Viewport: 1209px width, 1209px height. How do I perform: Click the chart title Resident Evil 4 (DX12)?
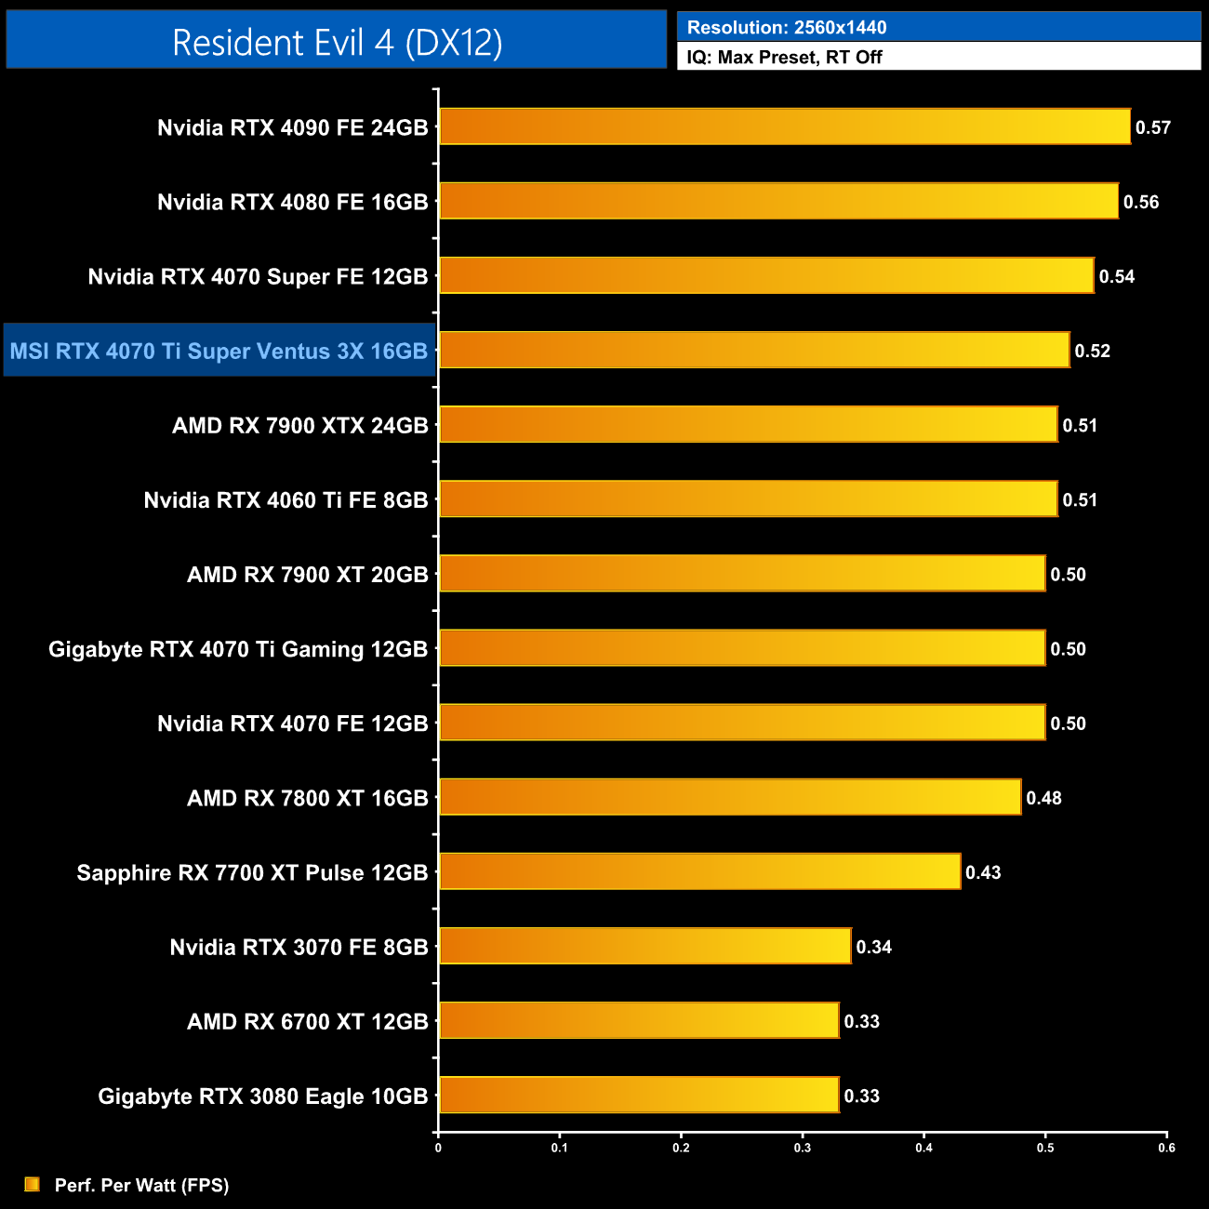point(337,43)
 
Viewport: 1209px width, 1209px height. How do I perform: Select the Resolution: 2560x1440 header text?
point(786,27)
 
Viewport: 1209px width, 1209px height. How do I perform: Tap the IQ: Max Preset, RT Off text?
point(784,57)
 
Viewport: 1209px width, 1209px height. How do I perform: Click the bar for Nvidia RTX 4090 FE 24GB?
point(784,126)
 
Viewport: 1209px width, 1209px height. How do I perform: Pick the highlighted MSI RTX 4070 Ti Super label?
point(219,351)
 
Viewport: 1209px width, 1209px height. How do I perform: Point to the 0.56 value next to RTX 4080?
point(1140,202)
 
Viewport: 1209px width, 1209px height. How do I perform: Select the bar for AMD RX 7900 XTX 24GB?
point(748,425)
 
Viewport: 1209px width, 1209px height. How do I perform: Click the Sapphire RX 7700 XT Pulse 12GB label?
point(252,872)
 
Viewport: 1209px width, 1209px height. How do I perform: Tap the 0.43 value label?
point(983,872)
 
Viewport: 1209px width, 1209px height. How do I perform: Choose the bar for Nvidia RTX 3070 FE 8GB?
point(644,946)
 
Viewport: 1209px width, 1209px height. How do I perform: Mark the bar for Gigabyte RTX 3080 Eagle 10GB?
point(638,1095)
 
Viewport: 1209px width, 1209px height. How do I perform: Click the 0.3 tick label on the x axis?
point(803,1148)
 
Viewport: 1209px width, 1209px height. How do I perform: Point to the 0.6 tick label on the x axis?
point(1166,1148)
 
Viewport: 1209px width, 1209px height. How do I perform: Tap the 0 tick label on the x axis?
point(438,1148)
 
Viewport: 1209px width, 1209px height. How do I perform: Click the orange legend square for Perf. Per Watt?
point(33,1184)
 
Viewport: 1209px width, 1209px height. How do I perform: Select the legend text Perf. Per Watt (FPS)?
point(141,1185)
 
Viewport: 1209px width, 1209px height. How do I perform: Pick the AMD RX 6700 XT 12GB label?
point(307,1021)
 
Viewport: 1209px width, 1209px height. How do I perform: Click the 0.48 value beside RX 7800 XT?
point(1043,798)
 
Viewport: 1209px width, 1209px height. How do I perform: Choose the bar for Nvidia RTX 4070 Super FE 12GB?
point(766,275)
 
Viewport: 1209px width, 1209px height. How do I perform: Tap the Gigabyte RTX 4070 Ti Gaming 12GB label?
point(238,649)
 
